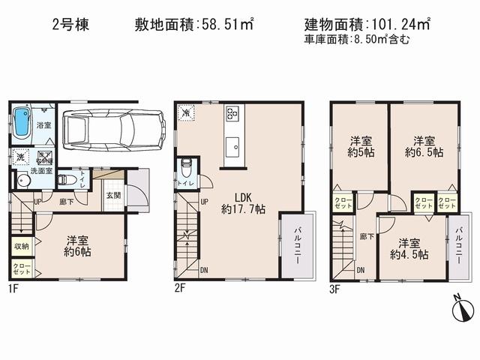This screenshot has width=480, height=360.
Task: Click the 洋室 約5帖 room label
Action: [360, 146]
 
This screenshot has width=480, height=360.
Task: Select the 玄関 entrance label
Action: [112, 195]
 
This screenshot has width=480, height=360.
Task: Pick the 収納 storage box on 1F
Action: [20, 246]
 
